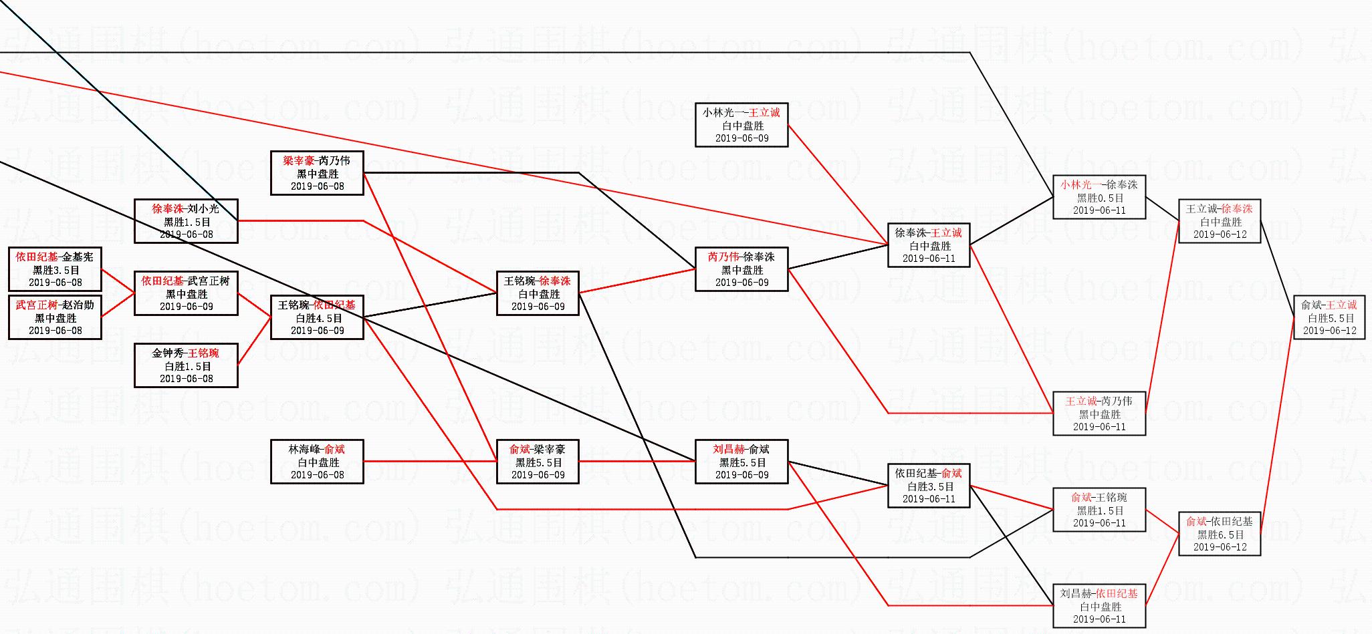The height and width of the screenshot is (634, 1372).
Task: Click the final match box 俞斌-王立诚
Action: [1329, 317]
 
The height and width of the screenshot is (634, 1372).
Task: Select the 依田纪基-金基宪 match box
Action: [55, 269]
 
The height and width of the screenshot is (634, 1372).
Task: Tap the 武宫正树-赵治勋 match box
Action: [55, 317]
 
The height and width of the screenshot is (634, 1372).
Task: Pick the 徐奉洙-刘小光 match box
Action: [186, 221]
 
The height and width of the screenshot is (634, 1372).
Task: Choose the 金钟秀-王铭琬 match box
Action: [186, 365]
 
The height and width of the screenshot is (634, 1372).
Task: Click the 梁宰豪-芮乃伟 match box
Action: [317, 173]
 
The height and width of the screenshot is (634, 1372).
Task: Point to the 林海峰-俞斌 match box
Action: [317, 462]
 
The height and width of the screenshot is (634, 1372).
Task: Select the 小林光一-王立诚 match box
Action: [741, 125]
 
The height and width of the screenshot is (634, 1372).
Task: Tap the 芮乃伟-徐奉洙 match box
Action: [741, 269]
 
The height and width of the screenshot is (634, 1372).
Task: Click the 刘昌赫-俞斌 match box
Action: [741, 462]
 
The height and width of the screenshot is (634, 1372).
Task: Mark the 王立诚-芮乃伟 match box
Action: [1099, 414]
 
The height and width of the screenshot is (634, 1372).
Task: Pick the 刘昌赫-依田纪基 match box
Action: [1099, 606]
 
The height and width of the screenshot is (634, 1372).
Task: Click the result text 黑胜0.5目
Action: [1099, 198]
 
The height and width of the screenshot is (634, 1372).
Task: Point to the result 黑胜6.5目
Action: [1220, 534]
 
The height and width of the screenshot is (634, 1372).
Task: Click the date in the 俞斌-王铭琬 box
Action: [1099, 523]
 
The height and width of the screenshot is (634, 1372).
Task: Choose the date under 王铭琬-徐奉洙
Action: [538, 307]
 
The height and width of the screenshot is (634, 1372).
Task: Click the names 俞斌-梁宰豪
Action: [538, 450]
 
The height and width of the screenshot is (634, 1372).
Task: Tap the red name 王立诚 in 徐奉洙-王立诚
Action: [946, 233]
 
